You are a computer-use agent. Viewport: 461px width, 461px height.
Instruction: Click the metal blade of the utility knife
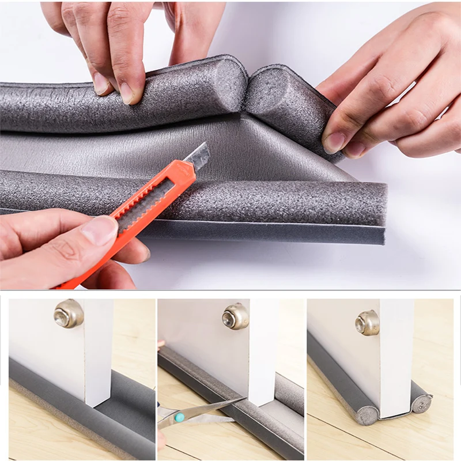coord(198,157)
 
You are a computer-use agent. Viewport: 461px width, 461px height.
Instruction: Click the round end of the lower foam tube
coord(377,205)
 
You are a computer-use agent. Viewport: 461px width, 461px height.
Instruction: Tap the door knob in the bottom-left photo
coord(69,314)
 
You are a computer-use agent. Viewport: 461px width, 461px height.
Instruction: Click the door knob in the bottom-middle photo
coord(236,316)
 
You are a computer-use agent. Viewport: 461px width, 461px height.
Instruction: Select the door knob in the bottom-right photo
coord(368,323)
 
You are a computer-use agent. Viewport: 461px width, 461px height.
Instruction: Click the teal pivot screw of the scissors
coord(180,416)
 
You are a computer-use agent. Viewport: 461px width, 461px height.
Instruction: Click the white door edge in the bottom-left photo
coord(99,352)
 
